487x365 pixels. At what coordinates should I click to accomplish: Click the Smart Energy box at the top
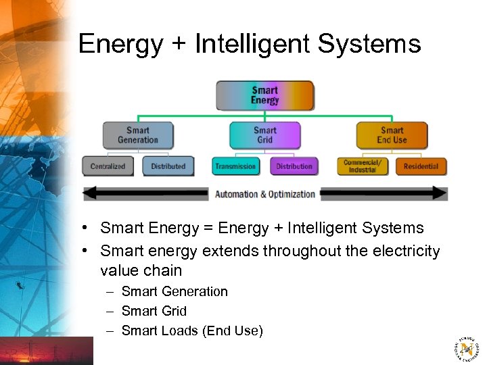click(264, 95)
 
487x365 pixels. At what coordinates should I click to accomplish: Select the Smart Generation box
click(138, 135)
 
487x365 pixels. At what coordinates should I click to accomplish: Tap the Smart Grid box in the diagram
click(264, 135)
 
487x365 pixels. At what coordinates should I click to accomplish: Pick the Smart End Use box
click(392, 135)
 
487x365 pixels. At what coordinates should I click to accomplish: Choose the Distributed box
click(168, 166)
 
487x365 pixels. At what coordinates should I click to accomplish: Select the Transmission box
click(235, 166)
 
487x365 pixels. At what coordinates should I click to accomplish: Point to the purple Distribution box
click(294, 166)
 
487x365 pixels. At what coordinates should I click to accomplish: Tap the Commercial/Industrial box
click(363, 166)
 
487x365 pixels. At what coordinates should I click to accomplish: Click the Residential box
click(421, 166)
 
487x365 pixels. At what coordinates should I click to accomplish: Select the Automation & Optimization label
click(265, 194)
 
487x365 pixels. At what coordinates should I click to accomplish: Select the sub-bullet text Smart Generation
click(175, 291)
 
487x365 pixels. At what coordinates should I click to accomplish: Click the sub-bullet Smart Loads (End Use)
click(192, 331)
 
